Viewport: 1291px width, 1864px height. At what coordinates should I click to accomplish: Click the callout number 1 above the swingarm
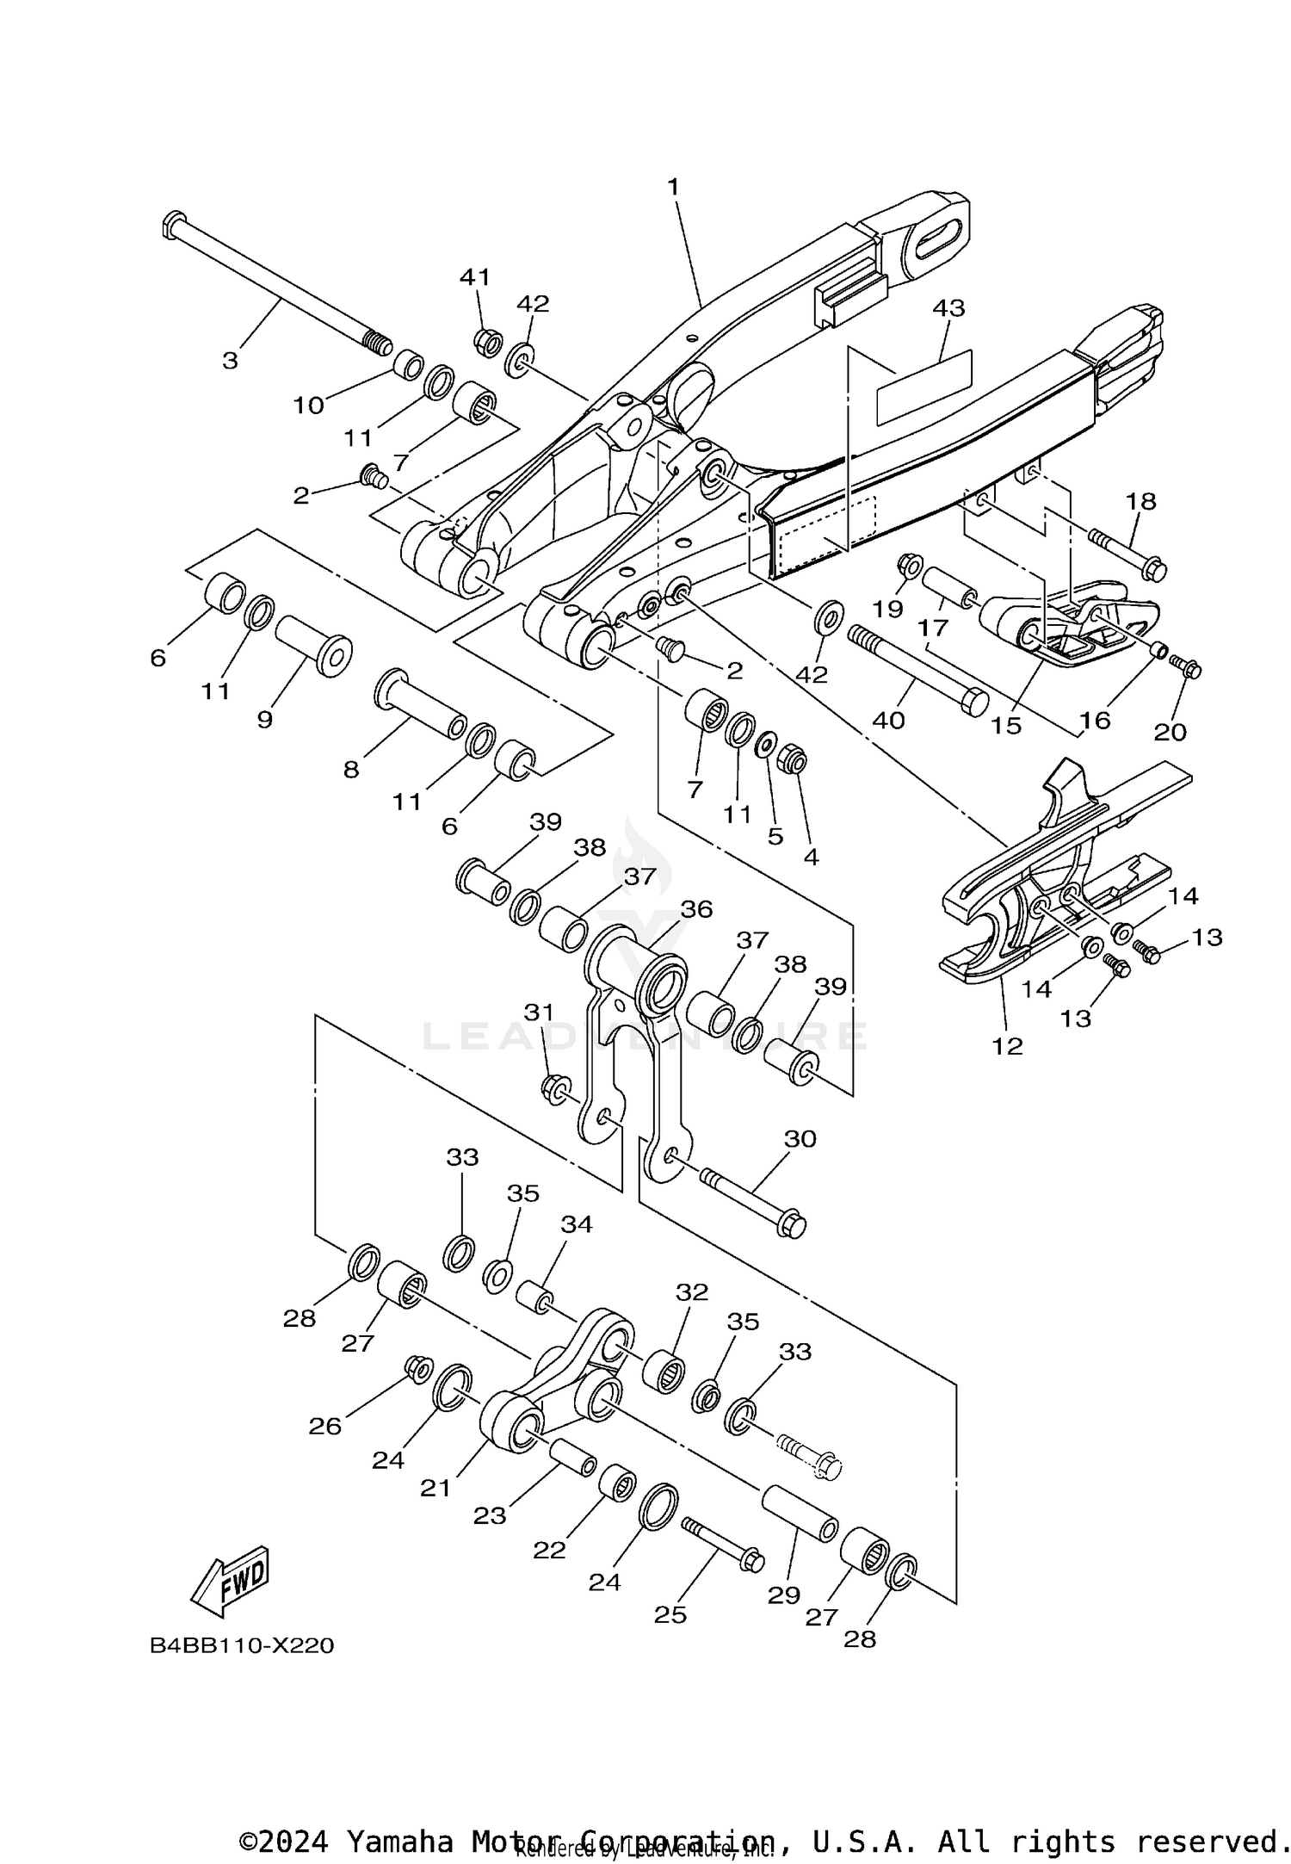(673, 186)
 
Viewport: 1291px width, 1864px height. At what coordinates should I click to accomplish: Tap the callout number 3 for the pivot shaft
(230, 361)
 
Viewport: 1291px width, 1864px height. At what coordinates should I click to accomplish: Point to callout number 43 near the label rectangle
(948, 307)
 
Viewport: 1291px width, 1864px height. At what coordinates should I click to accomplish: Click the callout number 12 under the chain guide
(1007, 1046)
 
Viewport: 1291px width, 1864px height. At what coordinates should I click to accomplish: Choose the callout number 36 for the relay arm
(696, 909)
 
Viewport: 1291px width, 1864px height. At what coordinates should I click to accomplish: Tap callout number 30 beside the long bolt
(800, 1139)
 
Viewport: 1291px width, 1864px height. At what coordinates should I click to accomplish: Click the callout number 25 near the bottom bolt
(670, 1615)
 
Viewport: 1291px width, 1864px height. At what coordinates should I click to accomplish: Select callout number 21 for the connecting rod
(435, 1488)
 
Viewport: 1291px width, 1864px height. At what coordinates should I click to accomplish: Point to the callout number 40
(889, 720)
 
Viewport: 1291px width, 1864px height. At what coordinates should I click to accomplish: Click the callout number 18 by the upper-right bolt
(1140, 501)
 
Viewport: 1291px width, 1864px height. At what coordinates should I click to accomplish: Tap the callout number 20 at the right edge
(1170, 732)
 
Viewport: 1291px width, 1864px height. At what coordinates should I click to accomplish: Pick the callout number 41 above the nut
(474, 277)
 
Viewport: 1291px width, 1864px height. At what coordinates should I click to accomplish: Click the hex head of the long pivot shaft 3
(172, 223)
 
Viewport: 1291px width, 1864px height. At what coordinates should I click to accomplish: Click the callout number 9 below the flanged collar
(264, 720)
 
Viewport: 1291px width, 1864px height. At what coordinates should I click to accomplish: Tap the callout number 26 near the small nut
(325, 1427)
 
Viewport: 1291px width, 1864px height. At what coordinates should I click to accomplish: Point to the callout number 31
(539, 1013)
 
